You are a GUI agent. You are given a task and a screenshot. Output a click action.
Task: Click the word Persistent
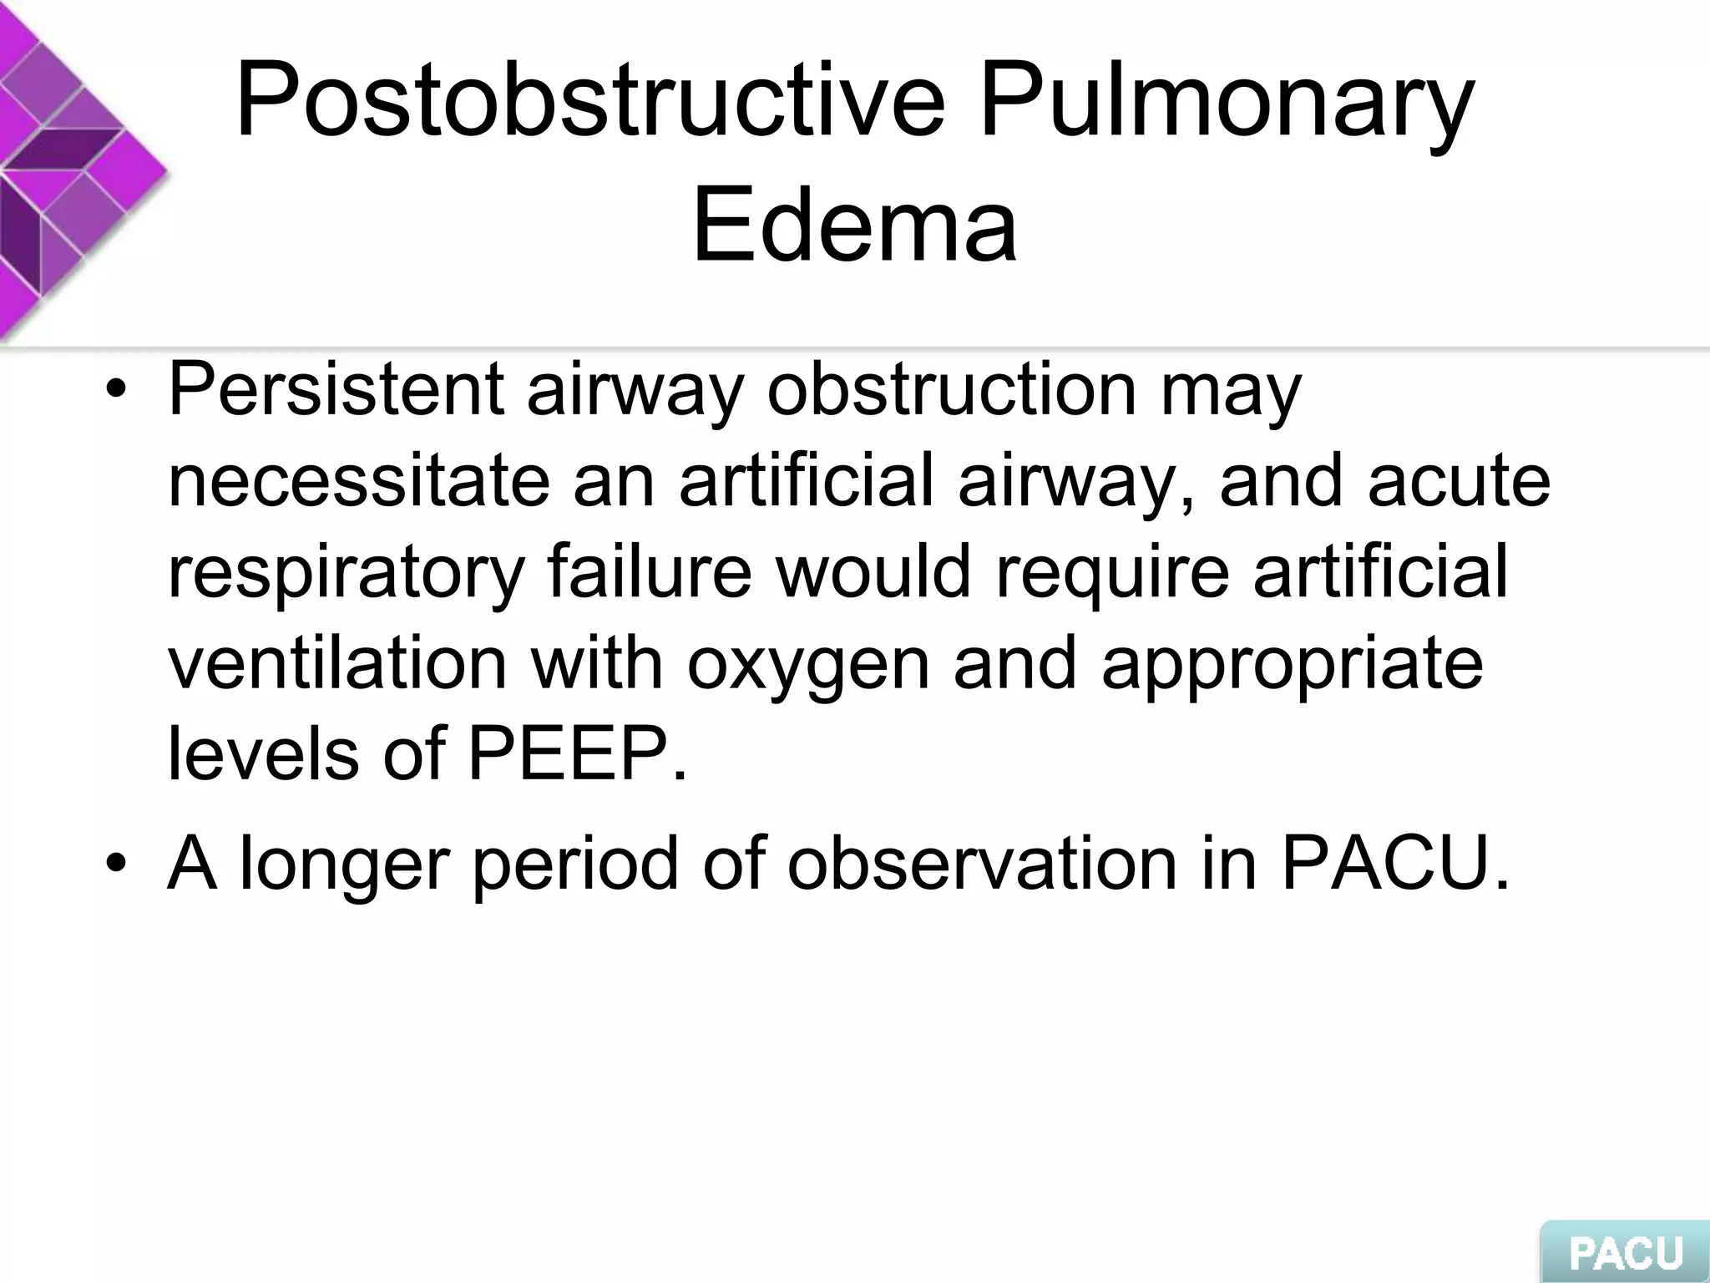tap(336, 389)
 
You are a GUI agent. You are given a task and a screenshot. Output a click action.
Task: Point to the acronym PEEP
tap(576, 755)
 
